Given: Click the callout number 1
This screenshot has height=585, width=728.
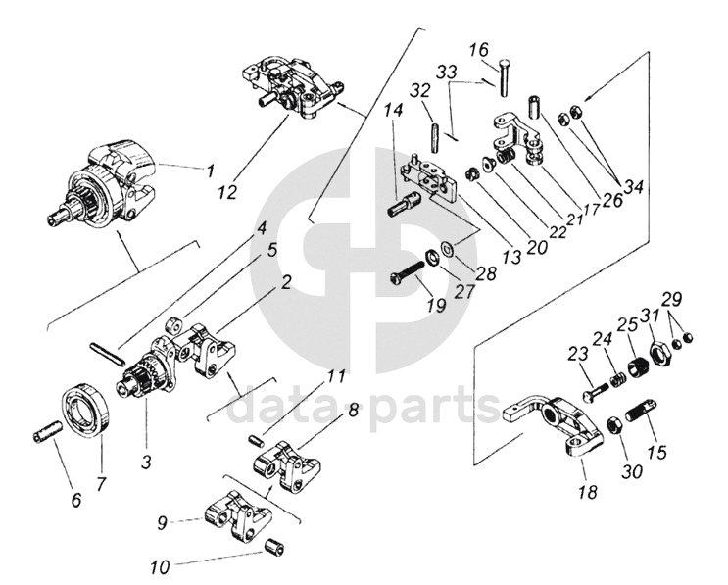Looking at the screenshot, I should point(210,170).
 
